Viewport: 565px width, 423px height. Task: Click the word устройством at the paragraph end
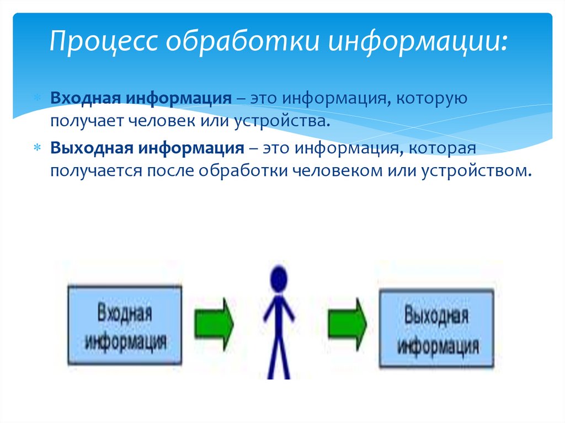tap(478, 170)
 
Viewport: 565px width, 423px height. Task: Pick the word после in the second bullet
tap(170, 170)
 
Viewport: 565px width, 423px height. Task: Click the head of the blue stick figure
tap(279, 279)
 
